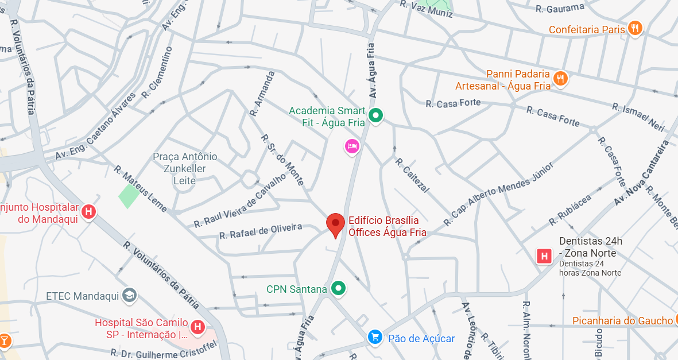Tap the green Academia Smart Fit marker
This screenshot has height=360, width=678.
(375, 115)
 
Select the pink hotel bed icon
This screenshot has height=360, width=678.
(352, 146)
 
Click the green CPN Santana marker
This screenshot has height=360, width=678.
(339, 288)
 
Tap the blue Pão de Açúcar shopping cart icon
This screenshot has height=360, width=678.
(375, 338)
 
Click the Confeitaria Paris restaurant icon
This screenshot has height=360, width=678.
(634, 28)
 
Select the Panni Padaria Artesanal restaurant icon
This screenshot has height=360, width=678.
(560, 78)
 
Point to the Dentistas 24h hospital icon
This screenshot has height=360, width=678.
(543, 256)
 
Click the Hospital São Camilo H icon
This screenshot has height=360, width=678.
(197, 327)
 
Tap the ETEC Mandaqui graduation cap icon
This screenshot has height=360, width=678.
(130, 295)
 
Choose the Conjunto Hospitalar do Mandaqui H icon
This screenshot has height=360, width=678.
(88, 211)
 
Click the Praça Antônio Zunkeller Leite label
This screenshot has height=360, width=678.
(185, 169)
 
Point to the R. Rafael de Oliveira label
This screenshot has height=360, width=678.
(261, 232)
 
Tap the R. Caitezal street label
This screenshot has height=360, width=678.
(412, 175)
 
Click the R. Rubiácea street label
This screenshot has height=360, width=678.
(569, 209)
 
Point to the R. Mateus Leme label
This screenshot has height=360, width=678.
(140, 189)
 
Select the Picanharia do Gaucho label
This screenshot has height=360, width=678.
(622, 321)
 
